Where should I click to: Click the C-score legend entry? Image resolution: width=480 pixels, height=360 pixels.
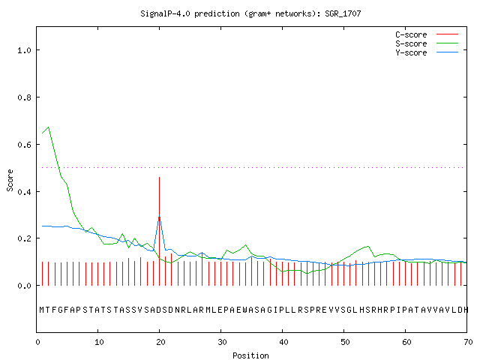coord(427,34)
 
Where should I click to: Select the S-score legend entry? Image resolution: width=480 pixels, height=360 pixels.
coord(427,43)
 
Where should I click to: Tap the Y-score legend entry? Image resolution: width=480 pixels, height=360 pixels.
coord(427,52)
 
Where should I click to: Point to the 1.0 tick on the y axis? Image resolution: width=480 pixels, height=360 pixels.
coord(24,50)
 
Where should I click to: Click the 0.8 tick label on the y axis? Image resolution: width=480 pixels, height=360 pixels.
coord(24,97)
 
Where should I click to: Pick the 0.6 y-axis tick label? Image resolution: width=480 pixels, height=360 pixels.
coord(24,145)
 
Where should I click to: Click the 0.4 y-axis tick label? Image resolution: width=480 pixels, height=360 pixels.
coord(24,192)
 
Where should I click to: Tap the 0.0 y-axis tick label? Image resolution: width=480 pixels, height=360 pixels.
coord(24,286)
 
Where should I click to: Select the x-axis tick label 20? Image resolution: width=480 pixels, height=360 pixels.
coord(160,342)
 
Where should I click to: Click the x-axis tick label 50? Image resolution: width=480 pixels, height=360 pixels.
coord(345,342)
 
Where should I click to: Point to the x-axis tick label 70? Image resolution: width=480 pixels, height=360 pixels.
coord(468,342)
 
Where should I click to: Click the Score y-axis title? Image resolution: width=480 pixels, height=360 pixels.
coord(10,180)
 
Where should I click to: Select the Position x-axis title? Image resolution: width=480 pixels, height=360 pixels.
coord(250,355)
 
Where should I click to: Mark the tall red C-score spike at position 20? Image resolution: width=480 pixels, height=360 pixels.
coord(159,231)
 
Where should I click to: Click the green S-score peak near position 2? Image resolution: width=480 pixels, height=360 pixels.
coord(48,127)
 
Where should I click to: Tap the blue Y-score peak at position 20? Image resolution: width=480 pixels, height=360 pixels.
coord(159,217)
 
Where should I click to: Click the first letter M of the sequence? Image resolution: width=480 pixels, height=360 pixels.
coord(42,310)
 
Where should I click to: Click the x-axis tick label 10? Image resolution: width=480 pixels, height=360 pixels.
coord(99,342)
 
